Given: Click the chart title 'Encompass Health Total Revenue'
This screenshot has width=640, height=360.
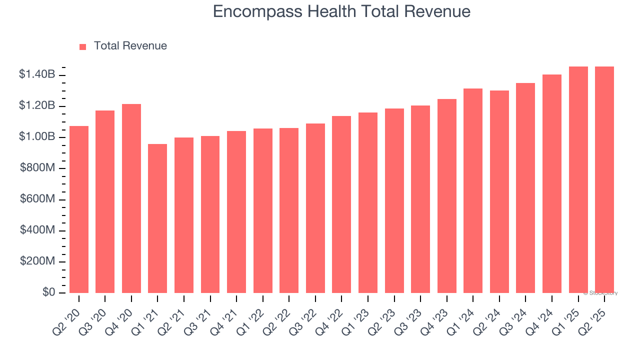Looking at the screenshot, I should click(x=341, y=11).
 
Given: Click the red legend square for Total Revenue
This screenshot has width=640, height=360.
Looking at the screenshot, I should click(x=83, y=46).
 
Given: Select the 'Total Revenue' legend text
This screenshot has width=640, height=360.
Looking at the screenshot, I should click(x=130, y=46).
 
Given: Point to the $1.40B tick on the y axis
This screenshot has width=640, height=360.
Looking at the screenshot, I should click(x=37, y=75).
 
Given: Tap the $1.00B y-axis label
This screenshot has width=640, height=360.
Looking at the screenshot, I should click(x=37, y=137).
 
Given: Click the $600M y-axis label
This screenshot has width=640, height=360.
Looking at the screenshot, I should click(x=37, y=199).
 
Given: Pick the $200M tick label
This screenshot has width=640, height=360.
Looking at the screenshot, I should click(x=37, y=261).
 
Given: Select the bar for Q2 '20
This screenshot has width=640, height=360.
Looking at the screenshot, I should click(x=79, y=209).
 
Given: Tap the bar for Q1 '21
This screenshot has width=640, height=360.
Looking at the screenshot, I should click(x=157, y=218).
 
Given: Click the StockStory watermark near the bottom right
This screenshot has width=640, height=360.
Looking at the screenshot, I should click(x=601, y=293).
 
